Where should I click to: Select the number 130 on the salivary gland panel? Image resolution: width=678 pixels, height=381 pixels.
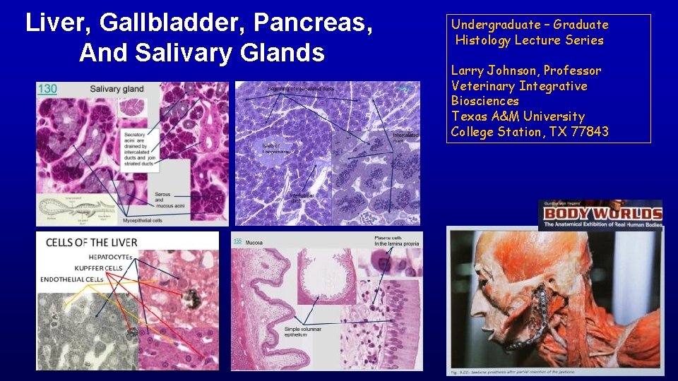tap(47, 89)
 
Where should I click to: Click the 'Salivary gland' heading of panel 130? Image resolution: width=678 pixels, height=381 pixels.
tap(117, 89)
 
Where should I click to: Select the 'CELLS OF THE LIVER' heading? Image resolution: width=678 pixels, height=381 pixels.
tap(92, 243)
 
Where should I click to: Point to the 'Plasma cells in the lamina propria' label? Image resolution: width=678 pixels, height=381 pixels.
tap(397, 240)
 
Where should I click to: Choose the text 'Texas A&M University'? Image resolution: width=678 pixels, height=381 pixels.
tap(518, 116)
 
